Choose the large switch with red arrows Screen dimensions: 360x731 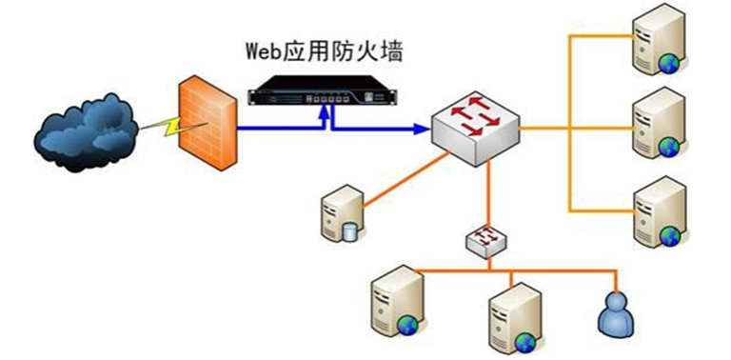pyautogui.click(x=475, y=124)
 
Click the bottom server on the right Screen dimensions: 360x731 pyautogui.click(x=658, y=211)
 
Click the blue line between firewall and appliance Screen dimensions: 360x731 pyautogui.click(x=276, y=126)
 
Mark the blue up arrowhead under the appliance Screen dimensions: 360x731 pyautogui.click(x=326, y=110)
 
